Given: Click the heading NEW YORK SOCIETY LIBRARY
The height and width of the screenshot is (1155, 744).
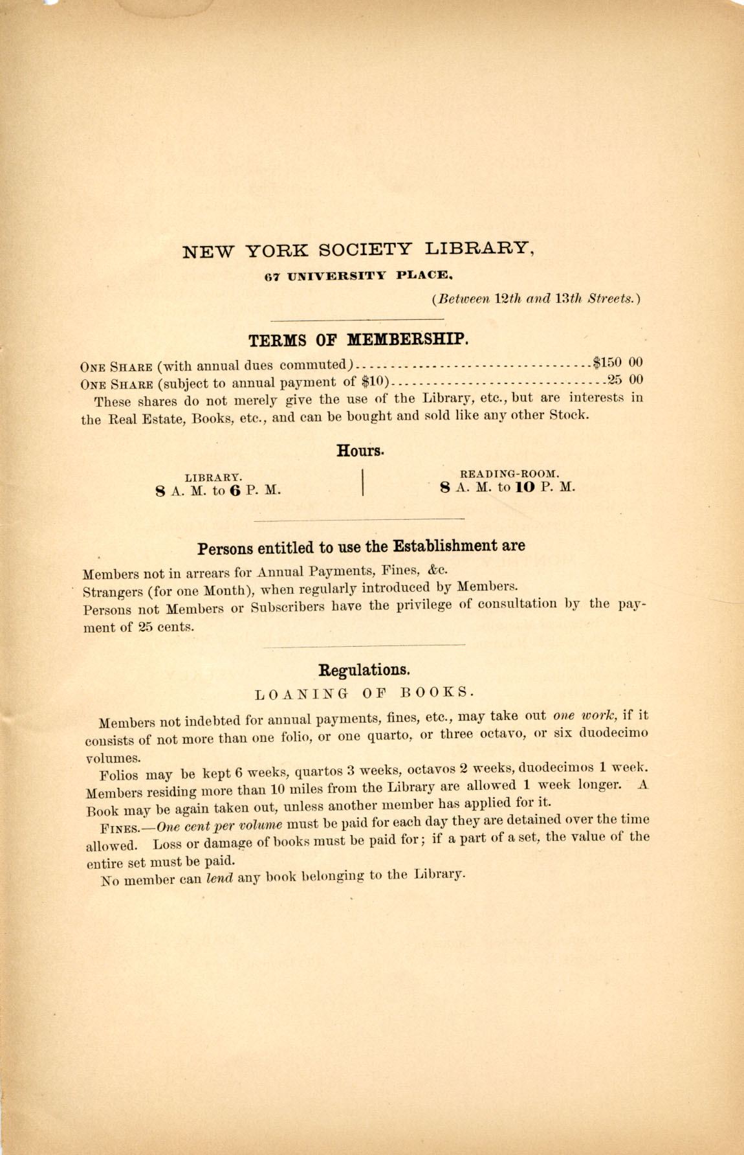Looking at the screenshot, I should (x=358, y=249).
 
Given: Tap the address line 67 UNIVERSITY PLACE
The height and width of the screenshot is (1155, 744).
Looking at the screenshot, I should (x=357, y=275).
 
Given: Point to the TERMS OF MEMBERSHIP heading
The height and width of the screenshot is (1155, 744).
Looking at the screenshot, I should (x=358, y=340).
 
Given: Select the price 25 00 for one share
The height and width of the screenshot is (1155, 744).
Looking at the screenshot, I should (x=625, y=379).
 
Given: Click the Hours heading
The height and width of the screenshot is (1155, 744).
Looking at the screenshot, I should (x=360, y=451).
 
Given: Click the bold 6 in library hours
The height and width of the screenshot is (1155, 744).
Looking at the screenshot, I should (x=234, y=491).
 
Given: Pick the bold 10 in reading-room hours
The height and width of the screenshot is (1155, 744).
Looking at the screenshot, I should (x=525, y=488).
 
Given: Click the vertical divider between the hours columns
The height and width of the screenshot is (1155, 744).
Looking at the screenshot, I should (x=363, y=482).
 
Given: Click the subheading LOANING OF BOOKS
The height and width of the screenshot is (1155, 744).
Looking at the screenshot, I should (x=365, y=693).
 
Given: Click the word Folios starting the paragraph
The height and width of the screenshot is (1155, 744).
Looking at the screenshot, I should (x=119, y=775).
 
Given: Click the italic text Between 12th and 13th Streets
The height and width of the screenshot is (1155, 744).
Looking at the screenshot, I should (x=536, y=299).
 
